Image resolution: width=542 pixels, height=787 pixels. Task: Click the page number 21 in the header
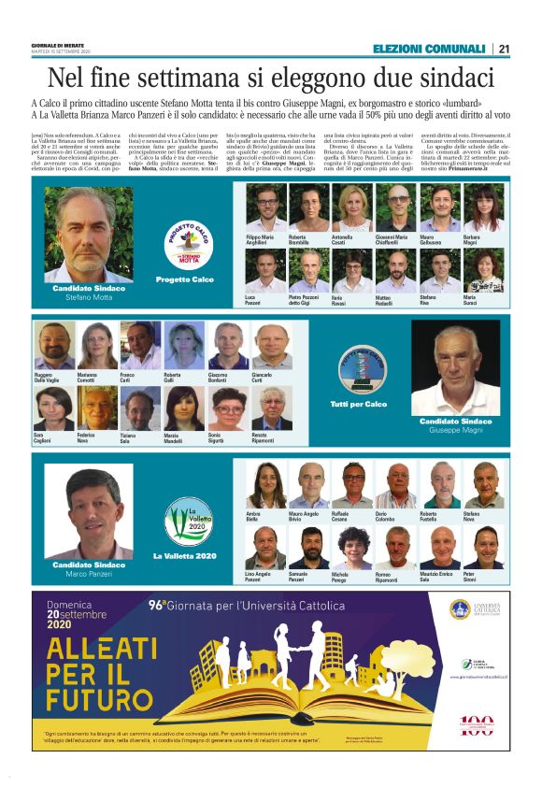tap(504, 49)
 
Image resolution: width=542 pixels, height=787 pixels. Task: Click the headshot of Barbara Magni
tap(484, 207)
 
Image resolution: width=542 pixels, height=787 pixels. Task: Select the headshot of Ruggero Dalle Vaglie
tap(54, 346)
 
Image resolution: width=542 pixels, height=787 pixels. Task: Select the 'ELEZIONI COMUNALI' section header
tap(428, 49)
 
